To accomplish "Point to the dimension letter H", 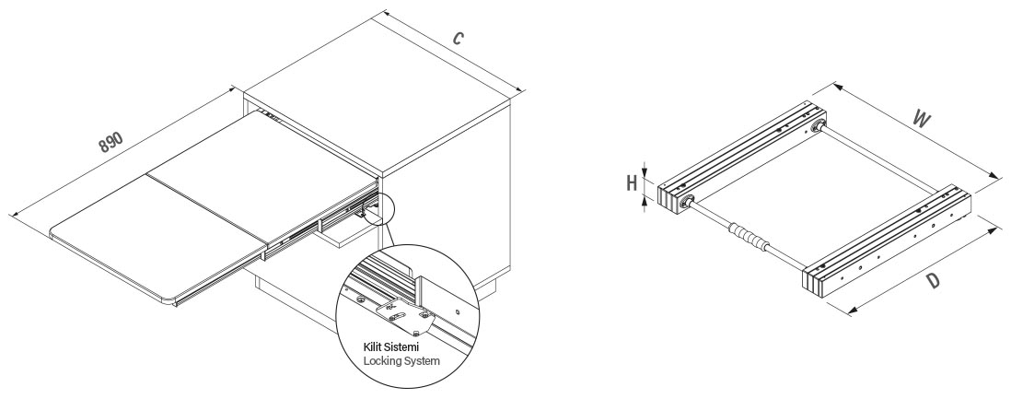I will pyautogui.click(x=632, y=182).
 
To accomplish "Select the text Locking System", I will pyautogui.click(x=401, y=361).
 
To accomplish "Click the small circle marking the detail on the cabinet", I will pyautogui.click(x=377, y=211).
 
